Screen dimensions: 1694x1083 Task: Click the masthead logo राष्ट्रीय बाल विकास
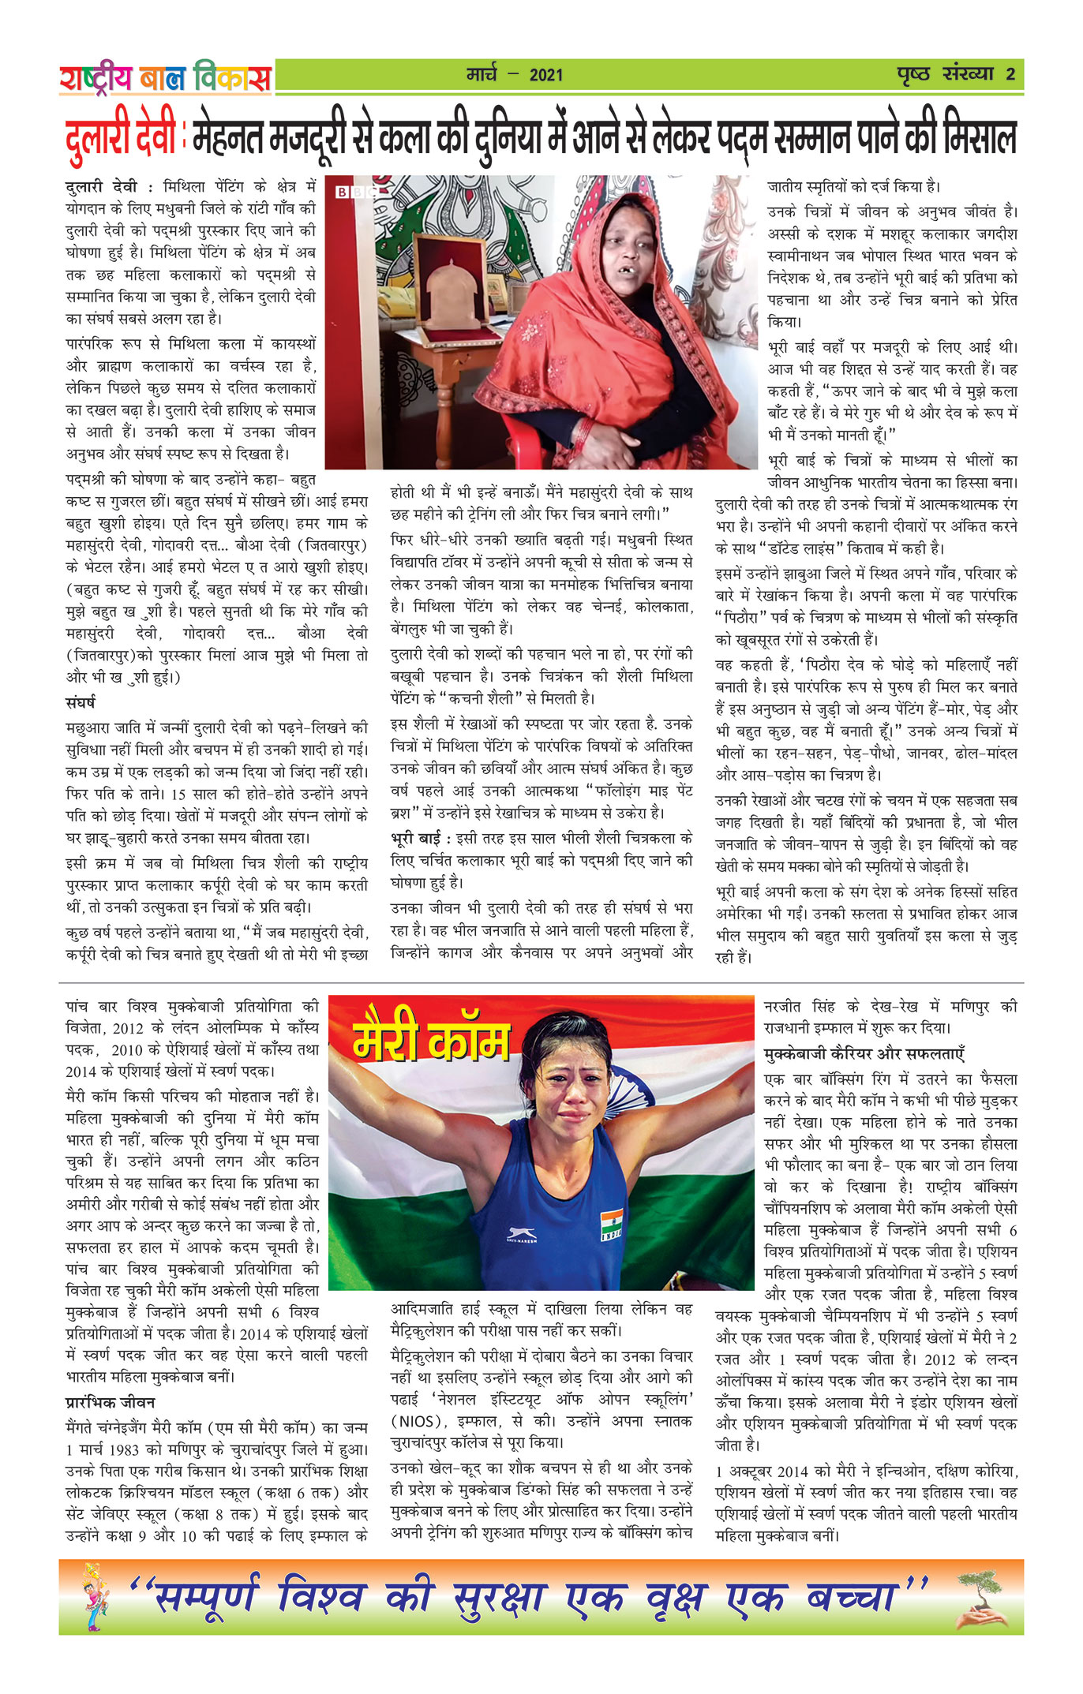[165, 77]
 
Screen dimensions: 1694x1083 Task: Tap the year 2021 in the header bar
[546, 75]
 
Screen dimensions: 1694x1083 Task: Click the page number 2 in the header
[1010, 74]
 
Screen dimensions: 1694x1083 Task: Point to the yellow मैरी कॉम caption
[431, 1041]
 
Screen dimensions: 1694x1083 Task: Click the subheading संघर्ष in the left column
[81, 702]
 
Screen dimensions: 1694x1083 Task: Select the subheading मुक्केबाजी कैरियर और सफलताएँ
[864, 1053]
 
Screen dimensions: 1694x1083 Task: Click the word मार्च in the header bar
[482, 75]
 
